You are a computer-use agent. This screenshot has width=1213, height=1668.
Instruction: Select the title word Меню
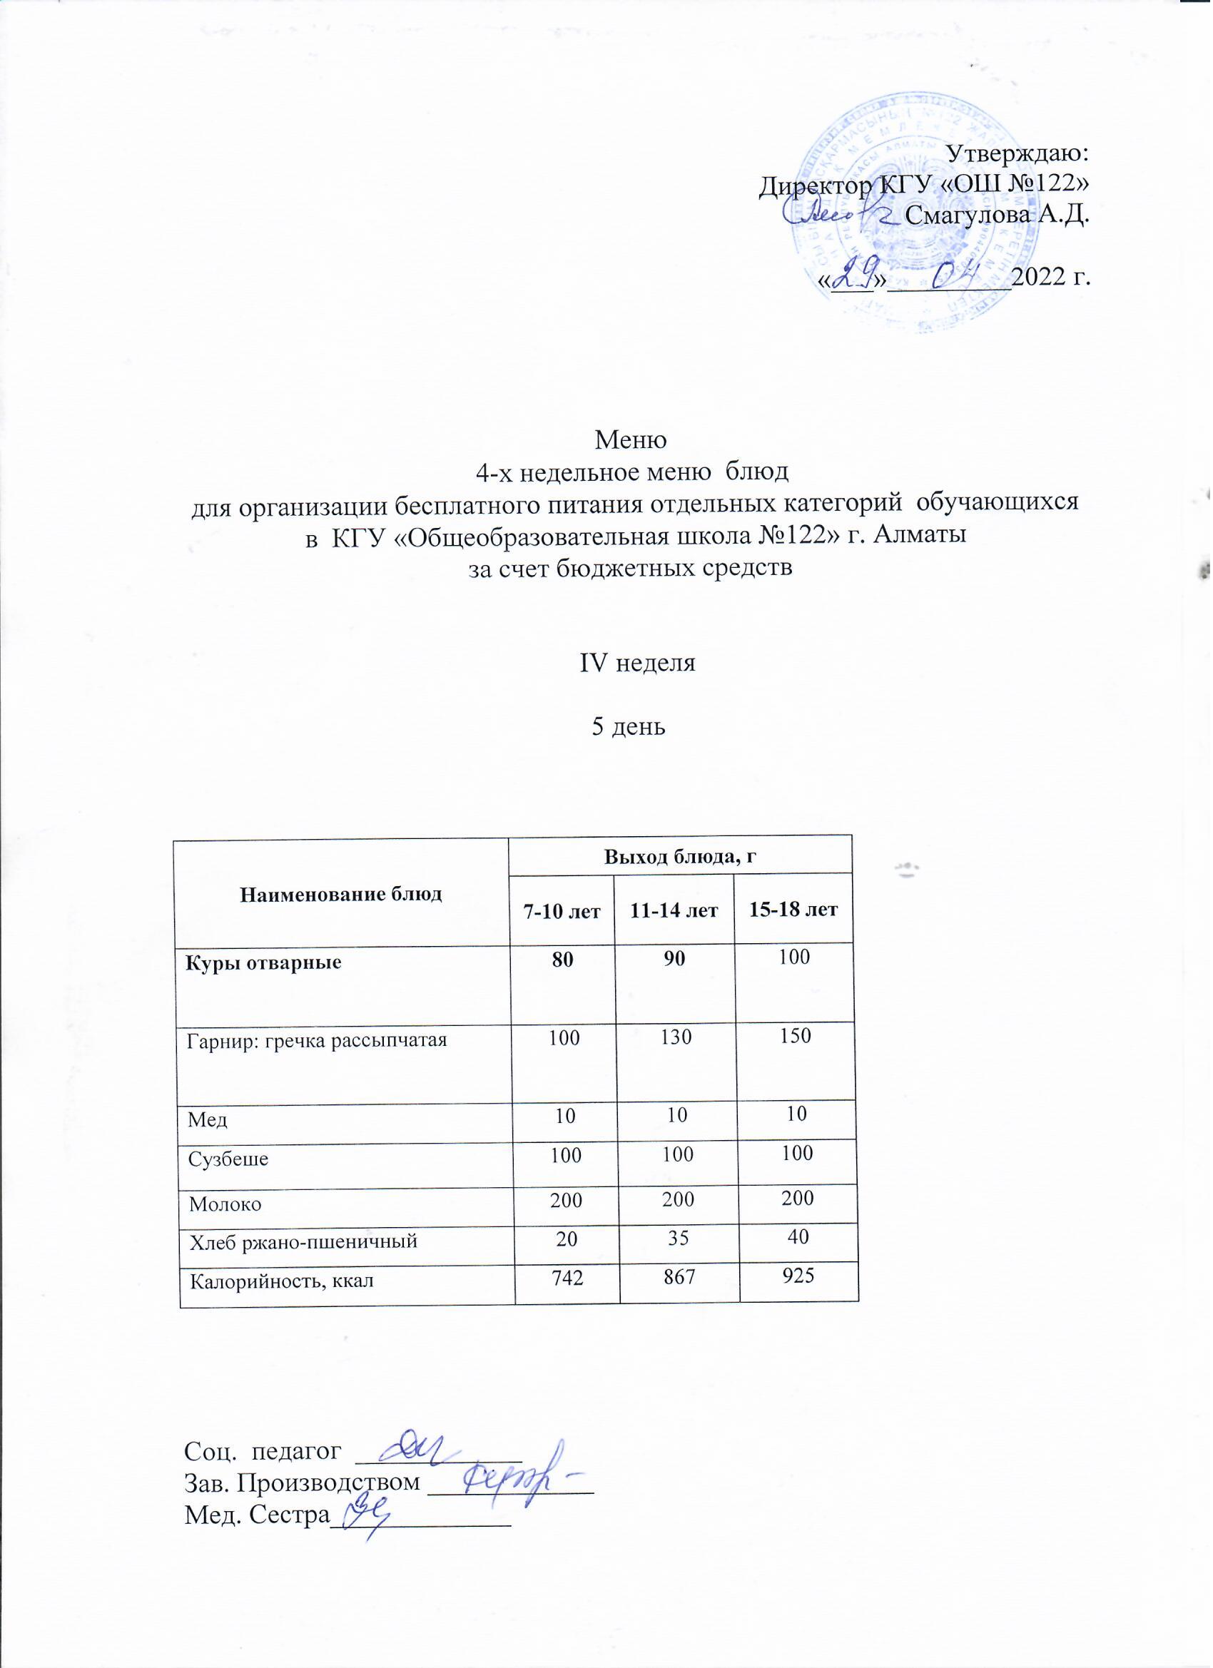pyautogui.click(x=631, y=439)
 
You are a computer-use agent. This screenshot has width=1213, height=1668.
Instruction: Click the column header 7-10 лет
pyautogui.click(x=562, y=911)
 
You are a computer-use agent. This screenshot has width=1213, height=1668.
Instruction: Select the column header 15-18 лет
pyautogui.click(x=793, y=910)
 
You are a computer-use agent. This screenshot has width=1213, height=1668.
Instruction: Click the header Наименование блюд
pyautogui.click(x=341, y=895)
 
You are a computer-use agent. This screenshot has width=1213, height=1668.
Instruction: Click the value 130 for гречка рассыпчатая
pyautogui.click(x=675, y=1038)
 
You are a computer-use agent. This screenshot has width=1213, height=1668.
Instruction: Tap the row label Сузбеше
pyautogui.click(x=229, y=1160)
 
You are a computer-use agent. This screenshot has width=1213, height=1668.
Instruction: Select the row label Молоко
pyautogui.click(x=225, y=1205)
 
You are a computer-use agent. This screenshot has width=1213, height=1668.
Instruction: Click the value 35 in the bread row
pyautogui.click(x=677, y=1239)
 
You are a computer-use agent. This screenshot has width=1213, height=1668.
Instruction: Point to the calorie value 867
pyautogui.click(x=677, y=1279)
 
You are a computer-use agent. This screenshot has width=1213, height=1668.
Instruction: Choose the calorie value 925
pyautogui.click(x=798, y=1276)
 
